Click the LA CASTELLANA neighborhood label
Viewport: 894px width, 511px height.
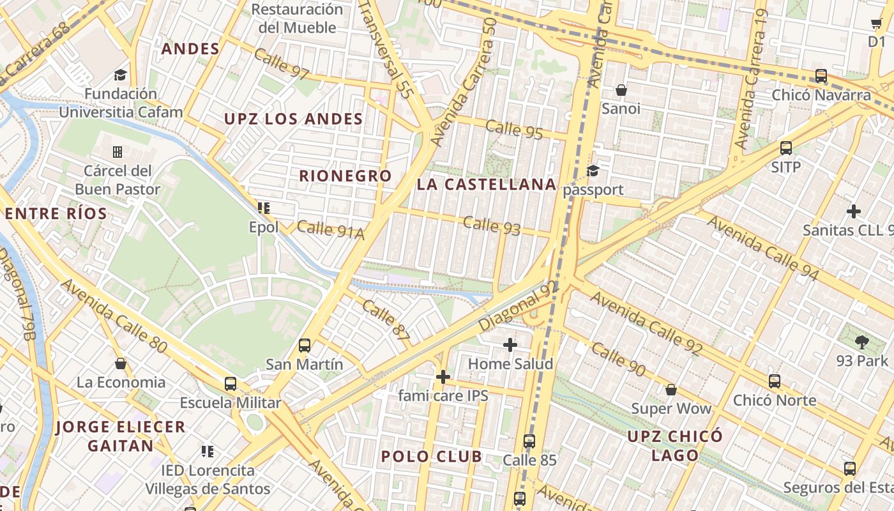point(487,185)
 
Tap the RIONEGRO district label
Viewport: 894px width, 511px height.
point(345,176)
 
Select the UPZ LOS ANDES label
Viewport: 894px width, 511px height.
point(293,119)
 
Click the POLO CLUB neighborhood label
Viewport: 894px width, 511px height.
point(432,456)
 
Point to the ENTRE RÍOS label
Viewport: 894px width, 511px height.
point(56,213)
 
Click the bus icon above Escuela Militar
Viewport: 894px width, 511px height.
point(231,384)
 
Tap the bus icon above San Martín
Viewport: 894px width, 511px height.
point(305,346)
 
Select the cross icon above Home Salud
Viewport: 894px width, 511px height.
point(510,345)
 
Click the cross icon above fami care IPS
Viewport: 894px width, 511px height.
point(443,377)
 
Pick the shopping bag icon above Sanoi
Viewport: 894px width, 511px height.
point(621,90)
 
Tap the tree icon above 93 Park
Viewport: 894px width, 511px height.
point(862,342)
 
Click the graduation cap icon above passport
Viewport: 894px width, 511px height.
point(593,171)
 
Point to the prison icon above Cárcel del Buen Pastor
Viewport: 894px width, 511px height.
point(117,152)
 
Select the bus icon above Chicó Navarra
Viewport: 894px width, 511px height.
point(821,76)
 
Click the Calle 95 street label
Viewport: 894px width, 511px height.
point(514,129)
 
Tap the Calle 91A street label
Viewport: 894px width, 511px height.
point(330,230)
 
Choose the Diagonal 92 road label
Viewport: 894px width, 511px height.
point(518,306)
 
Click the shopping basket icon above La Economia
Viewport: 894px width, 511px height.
point(121,364)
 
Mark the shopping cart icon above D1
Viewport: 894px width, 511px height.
point(876,24)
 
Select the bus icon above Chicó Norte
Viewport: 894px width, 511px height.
point(775,381)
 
